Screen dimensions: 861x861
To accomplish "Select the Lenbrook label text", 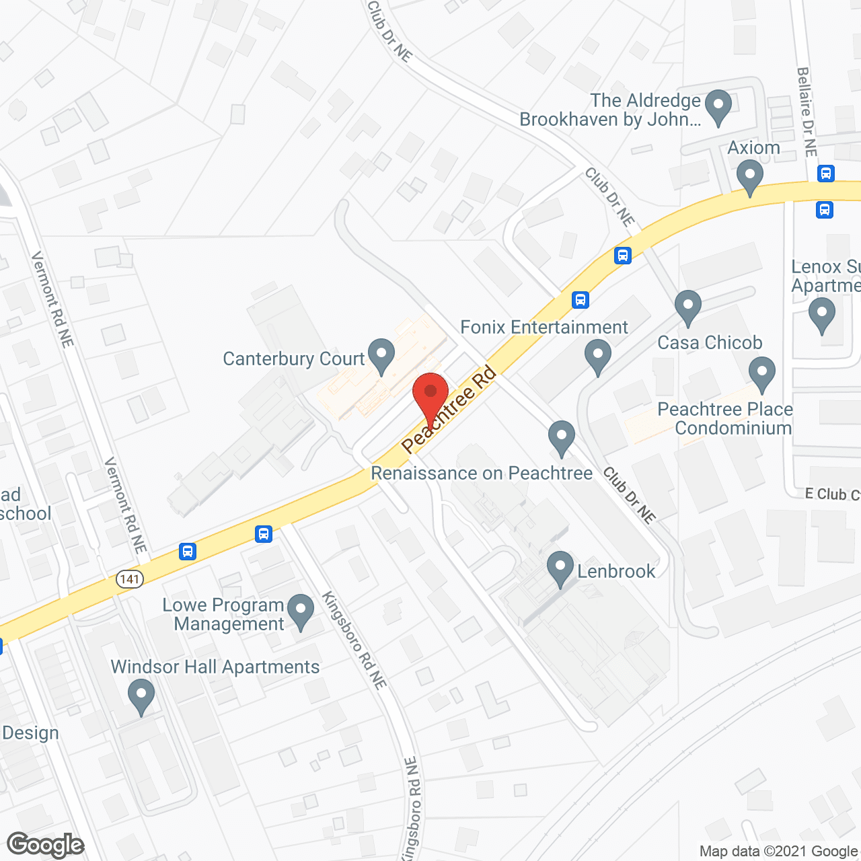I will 616,571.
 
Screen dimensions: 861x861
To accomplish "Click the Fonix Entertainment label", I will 544,327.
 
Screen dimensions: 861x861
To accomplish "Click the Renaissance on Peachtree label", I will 482,474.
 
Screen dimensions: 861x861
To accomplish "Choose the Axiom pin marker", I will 749,178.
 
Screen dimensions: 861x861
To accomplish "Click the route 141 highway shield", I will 129,578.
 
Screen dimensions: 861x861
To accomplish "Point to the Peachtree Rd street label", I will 449,409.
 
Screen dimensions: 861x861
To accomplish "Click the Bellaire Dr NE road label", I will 807,112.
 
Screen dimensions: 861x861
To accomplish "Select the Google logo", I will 46,845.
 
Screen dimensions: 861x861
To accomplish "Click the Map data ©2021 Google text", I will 779,852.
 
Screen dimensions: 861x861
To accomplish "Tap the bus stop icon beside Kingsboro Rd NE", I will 264,534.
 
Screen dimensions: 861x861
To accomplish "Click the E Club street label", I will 832,494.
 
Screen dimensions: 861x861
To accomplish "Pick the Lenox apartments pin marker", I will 821,314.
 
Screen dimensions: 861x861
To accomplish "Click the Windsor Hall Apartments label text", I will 215,667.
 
